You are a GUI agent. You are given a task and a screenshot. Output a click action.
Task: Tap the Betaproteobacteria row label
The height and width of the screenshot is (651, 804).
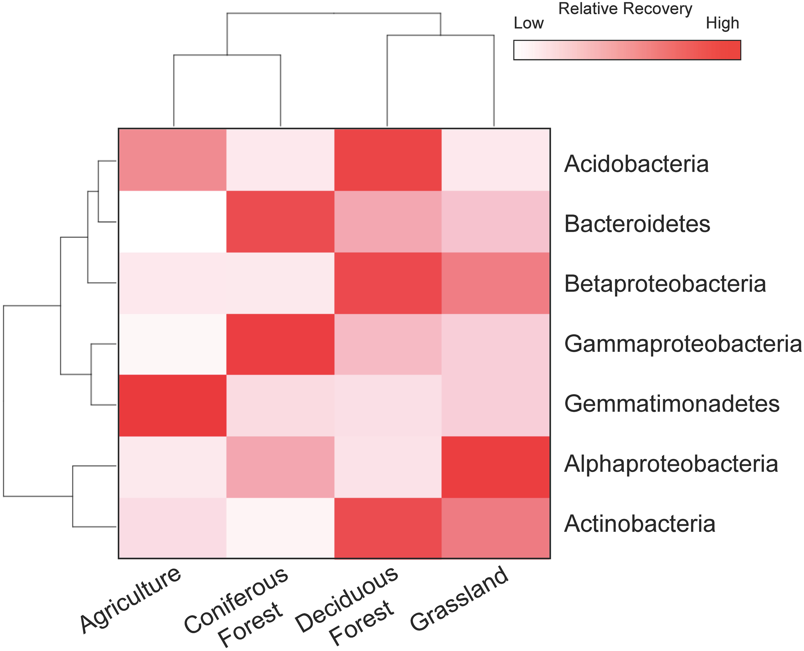click(665, 284)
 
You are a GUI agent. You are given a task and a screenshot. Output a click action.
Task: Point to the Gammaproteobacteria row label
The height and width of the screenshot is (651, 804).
click(683, 344)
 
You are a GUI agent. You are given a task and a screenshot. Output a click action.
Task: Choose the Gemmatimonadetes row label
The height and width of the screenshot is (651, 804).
click(672, 404)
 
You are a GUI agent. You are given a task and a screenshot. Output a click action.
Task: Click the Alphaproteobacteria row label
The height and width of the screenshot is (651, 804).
click(671, 464)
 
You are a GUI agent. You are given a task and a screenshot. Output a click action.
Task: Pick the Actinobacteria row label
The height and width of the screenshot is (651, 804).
click(640, 524)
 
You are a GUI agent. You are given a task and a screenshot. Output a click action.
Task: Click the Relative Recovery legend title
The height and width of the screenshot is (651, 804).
click(625, 9)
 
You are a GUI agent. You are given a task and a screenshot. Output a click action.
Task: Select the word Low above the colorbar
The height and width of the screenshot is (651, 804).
click(528, 23)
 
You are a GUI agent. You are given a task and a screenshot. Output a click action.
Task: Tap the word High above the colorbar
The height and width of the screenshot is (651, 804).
click(722, 23)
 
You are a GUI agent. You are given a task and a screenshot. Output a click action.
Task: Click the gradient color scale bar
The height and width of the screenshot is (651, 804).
click(627, 50)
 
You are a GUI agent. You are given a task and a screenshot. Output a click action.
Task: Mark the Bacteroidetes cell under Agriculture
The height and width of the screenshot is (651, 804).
click(173, 222)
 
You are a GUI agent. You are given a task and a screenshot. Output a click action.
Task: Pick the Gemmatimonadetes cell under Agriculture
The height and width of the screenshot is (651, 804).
click(173, 405)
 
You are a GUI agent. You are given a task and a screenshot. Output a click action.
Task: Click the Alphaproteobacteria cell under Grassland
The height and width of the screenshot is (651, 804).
click(496, 467)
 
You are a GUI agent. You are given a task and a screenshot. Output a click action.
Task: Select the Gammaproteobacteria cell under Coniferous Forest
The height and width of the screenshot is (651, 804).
click(280, 344)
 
